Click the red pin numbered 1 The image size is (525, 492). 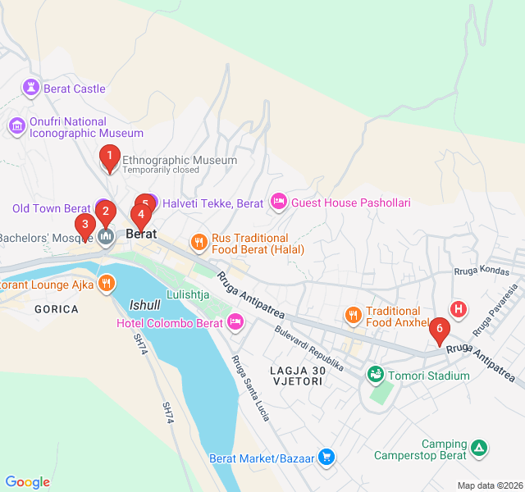point(110,155)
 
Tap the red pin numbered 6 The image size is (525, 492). point(440,330)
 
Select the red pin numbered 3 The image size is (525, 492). point(84,225)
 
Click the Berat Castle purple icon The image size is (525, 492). point(31,86)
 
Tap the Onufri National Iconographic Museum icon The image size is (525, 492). point(16,126)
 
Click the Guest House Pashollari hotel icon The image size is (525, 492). point(278,202)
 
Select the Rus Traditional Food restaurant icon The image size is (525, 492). point(199,242)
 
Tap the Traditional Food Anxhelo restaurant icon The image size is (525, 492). point(353,315)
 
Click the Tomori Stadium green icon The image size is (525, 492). point(376,375)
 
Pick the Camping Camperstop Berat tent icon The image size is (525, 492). point(479,448)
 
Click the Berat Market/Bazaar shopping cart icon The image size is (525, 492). point(326,458)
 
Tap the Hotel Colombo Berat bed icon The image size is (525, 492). point(235,322)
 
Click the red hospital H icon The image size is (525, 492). point(459,309)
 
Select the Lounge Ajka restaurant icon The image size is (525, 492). point(106,285)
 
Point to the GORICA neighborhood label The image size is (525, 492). point(57,309)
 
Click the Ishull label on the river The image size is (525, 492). point(145,305)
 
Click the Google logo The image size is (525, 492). point(28,482)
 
